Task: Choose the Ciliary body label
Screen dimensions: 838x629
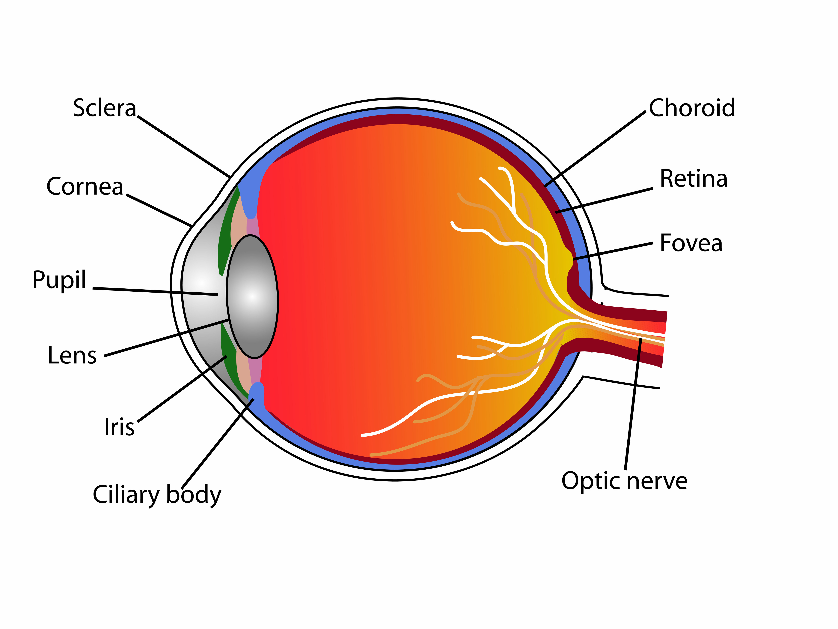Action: pos(157,495)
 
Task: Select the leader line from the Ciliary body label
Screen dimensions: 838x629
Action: pos(217,444)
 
